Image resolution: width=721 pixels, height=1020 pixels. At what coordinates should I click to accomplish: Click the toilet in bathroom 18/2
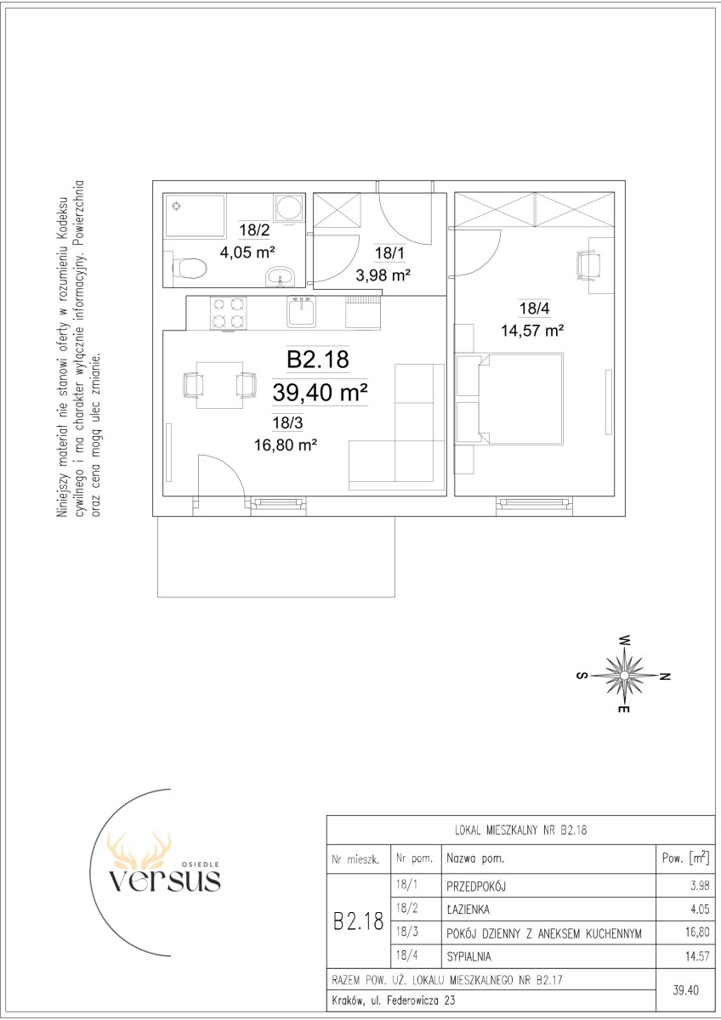click(x=189, y=269)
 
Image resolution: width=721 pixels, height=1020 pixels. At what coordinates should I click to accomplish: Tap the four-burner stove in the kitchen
click(x=228, y=313)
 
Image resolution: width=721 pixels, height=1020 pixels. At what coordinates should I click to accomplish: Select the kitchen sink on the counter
click(x=301, y=311)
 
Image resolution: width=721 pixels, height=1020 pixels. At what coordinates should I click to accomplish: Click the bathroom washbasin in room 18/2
click(x=281, y=277)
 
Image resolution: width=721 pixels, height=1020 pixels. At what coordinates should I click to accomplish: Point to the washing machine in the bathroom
click(x=289, y=208)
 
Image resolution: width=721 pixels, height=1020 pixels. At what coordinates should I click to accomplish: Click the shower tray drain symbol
click(x=176, y=207)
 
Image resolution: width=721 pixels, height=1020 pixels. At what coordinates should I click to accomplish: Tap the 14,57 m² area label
click(x=532, y=330)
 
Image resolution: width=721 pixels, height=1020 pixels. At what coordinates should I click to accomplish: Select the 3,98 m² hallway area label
click(x=383, y=275)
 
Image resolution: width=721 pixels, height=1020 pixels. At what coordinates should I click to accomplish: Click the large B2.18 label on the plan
click(x=318, y=359)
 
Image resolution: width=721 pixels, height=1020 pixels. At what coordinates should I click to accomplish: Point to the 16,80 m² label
click(x=286, y=444)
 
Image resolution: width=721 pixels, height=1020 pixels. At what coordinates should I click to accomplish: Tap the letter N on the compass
click(x=665, y=677)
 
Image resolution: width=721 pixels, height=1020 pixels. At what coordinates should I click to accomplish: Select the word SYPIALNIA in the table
click(x=468, y=957)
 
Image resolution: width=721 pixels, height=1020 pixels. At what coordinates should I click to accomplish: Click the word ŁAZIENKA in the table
click(x=468, y=909)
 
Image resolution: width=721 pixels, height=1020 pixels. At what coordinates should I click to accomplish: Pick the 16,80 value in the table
click(x=697, y=932)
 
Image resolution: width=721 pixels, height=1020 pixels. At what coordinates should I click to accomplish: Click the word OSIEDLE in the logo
click(x=202, y=864)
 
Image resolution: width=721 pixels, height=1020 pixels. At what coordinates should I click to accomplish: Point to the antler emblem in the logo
click(x=139, y=851)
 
